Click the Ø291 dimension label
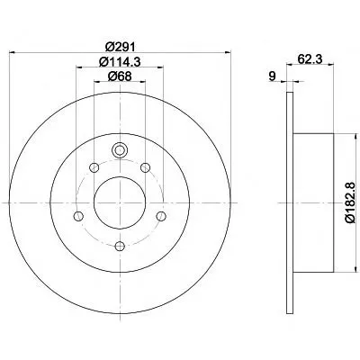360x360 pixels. [x=121, y=47]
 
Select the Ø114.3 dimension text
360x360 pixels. [x=120, y=62]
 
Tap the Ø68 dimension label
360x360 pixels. [x=120, y=76]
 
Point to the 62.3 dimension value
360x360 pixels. [x=310, y=59]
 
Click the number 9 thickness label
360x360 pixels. [x=272, y=76]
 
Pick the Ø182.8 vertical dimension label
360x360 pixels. [x=350, y=202]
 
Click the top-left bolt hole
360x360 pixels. [x=94, y=167]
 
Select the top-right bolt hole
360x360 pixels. [x=146, y=167]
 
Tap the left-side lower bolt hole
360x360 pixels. [x=78, y=216]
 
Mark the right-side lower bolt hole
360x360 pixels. [x=161, y=216]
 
